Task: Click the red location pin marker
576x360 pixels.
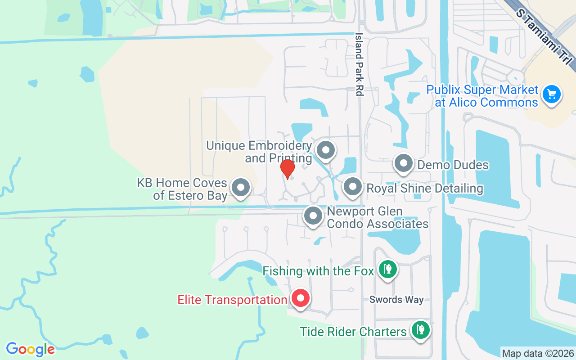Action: point(287,169)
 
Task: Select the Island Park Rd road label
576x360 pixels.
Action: point(359,64)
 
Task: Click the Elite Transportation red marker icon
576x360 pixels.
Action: point(300,298)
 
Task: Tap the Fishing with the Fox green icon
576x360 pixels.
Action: point(387,269)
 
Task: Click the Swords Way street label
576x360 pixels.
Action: point(396,300)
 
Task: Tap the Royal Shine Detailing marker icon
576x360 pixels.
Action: point(353,187)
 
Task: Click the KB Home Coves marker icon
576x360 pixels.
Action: point(241,187)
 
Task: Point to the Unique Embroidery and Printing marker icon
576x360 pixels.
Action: point(325,150)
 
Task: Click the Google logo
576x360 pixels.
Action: point(30,349)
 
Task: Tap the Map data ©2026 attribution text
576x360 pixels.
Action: point(538,353)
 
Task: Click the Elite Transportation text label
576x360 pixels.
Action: point(232,300)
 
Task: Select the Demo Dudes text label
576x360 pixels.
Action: point(453,165)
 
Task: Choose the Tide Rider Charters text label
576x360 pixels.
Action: point(353,332)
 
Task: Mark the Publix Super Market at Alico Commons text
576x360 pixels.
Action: point(482,96)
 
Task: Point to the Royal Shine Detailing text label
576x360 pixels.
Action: point(425,188)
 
